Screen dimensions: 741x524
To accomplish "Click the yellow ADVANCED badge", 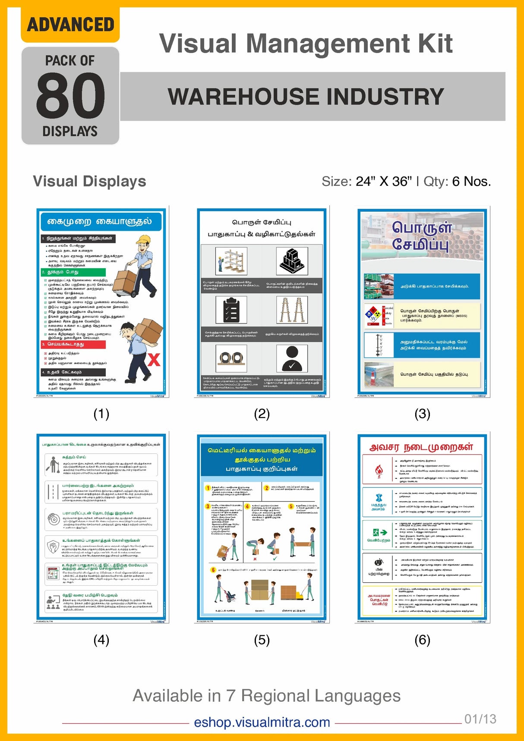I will pyautogui.click(x=70, y=25).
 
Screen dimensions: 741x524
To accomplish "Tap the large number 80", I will pyautogui.click(x=70, y=95).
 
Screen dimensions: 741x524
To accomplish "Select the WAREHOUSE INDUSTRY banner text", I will pyautogui.click(x=306, y=96).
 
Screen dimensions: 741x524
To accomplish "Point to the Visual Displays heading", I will pyautogui.click(x=89, y=181).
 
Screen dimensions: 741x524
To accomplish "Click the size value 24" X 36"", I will pyautogui.click(x=383, y=182).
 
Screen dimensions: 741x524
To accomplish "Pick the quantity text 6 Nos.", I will pyautogui.click(x=471, y=182).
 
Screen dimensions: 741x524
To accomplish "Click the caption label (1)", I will pyautogui.click(x=101, y=414).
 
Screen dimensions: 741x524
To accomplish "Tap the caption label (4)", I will pyautogui.click(x=101, y=640).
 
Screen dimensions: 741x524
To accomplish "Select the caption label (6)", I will pyautogui.click(x=422, y=640).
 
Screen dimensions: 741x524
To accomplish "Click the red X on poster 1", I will pyautogui.click(x=154, y=360).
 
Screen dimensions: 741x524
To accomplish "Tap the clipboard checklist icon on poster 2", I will pyautogui.click(x=231, y=310).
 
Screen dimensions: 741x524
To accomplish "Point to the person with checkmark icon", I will pyautogui.click(x=292, y=358).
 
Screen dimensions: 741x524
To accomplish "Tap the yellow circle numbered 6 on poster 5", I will pyautogui.click(x=213, y=570).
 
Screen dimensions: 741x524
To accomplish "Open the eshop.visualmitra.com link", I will pyautogui.click(x=262, y=722).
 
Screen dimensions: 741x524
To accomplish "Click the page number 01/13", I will pyautogui.click(x=480, y=719).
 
